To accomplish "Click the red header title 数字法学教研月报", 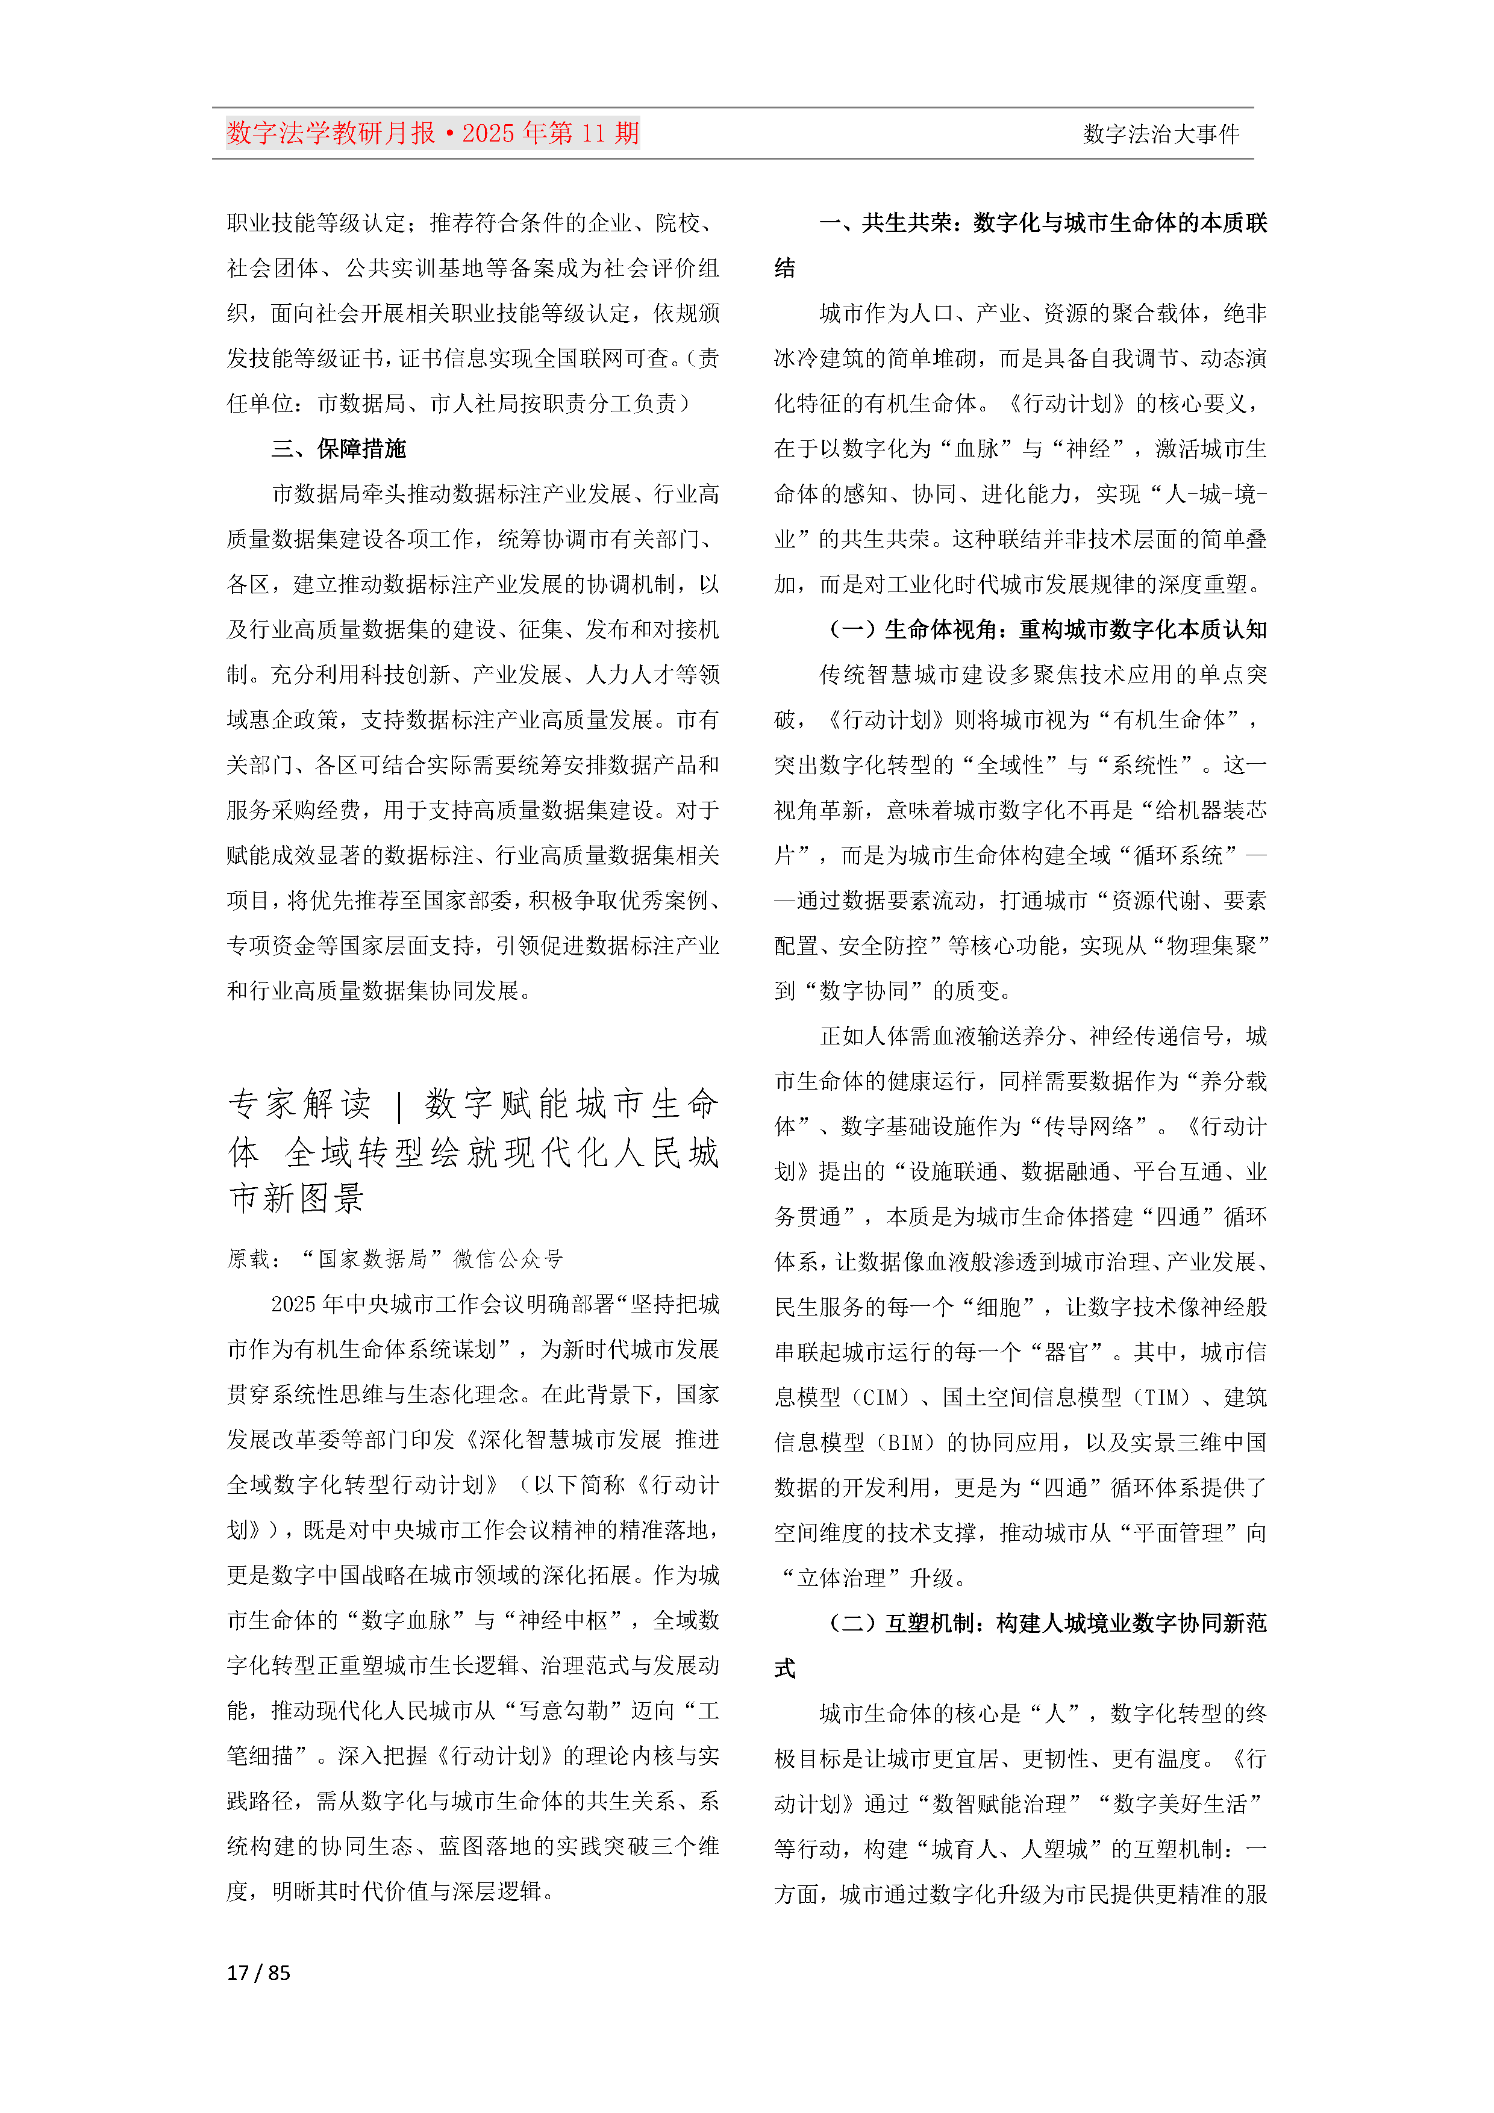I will tap(331, 134).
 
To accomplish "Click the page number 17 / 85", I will tap(258, 1972).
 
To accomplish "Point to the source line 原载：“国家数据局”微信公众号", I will tap(395, 1258).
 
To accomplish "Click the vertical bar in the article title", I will tap(399, 1104).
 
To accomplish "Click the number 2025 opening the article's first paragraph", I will tap(293, 1304).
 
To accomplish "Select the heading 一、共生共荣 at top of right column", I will tap(1043, 223).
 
